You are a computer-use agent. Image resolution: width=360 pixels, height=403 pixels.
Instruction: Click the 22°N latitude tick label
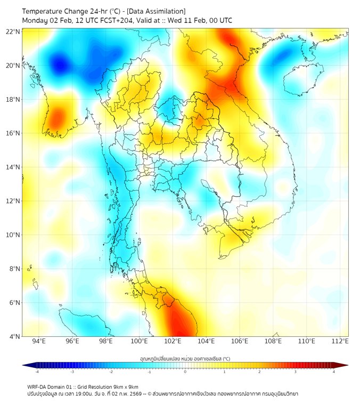pos(13,31)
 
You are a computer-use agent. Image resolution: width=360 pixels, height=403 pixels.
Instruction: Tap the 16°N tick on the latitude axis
pos(13,133)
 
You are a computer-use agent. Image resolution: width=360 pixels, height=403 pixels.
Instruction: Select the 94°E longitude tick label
pos(39,341)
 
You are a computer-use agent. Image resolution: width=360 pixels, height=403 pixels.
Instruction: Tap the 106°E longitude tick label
pos(240,341)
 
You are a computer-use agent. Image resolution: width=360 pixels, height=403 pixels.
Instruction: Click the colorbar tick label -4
pos(37,372)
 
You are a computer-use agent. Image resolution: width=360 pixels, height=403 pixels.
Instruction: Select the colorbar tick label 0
pos(185,372)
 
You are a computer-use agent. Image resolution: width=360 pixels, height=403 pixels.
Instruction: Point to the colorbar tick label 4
pos(333,372)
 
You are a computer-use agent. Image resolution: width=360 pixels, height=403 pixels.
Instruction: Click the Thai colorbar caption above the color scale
pos(185,358)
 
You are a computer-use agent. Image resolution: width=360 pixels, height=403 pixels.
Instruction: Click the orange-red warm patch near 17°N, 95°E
pos(56,117)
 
